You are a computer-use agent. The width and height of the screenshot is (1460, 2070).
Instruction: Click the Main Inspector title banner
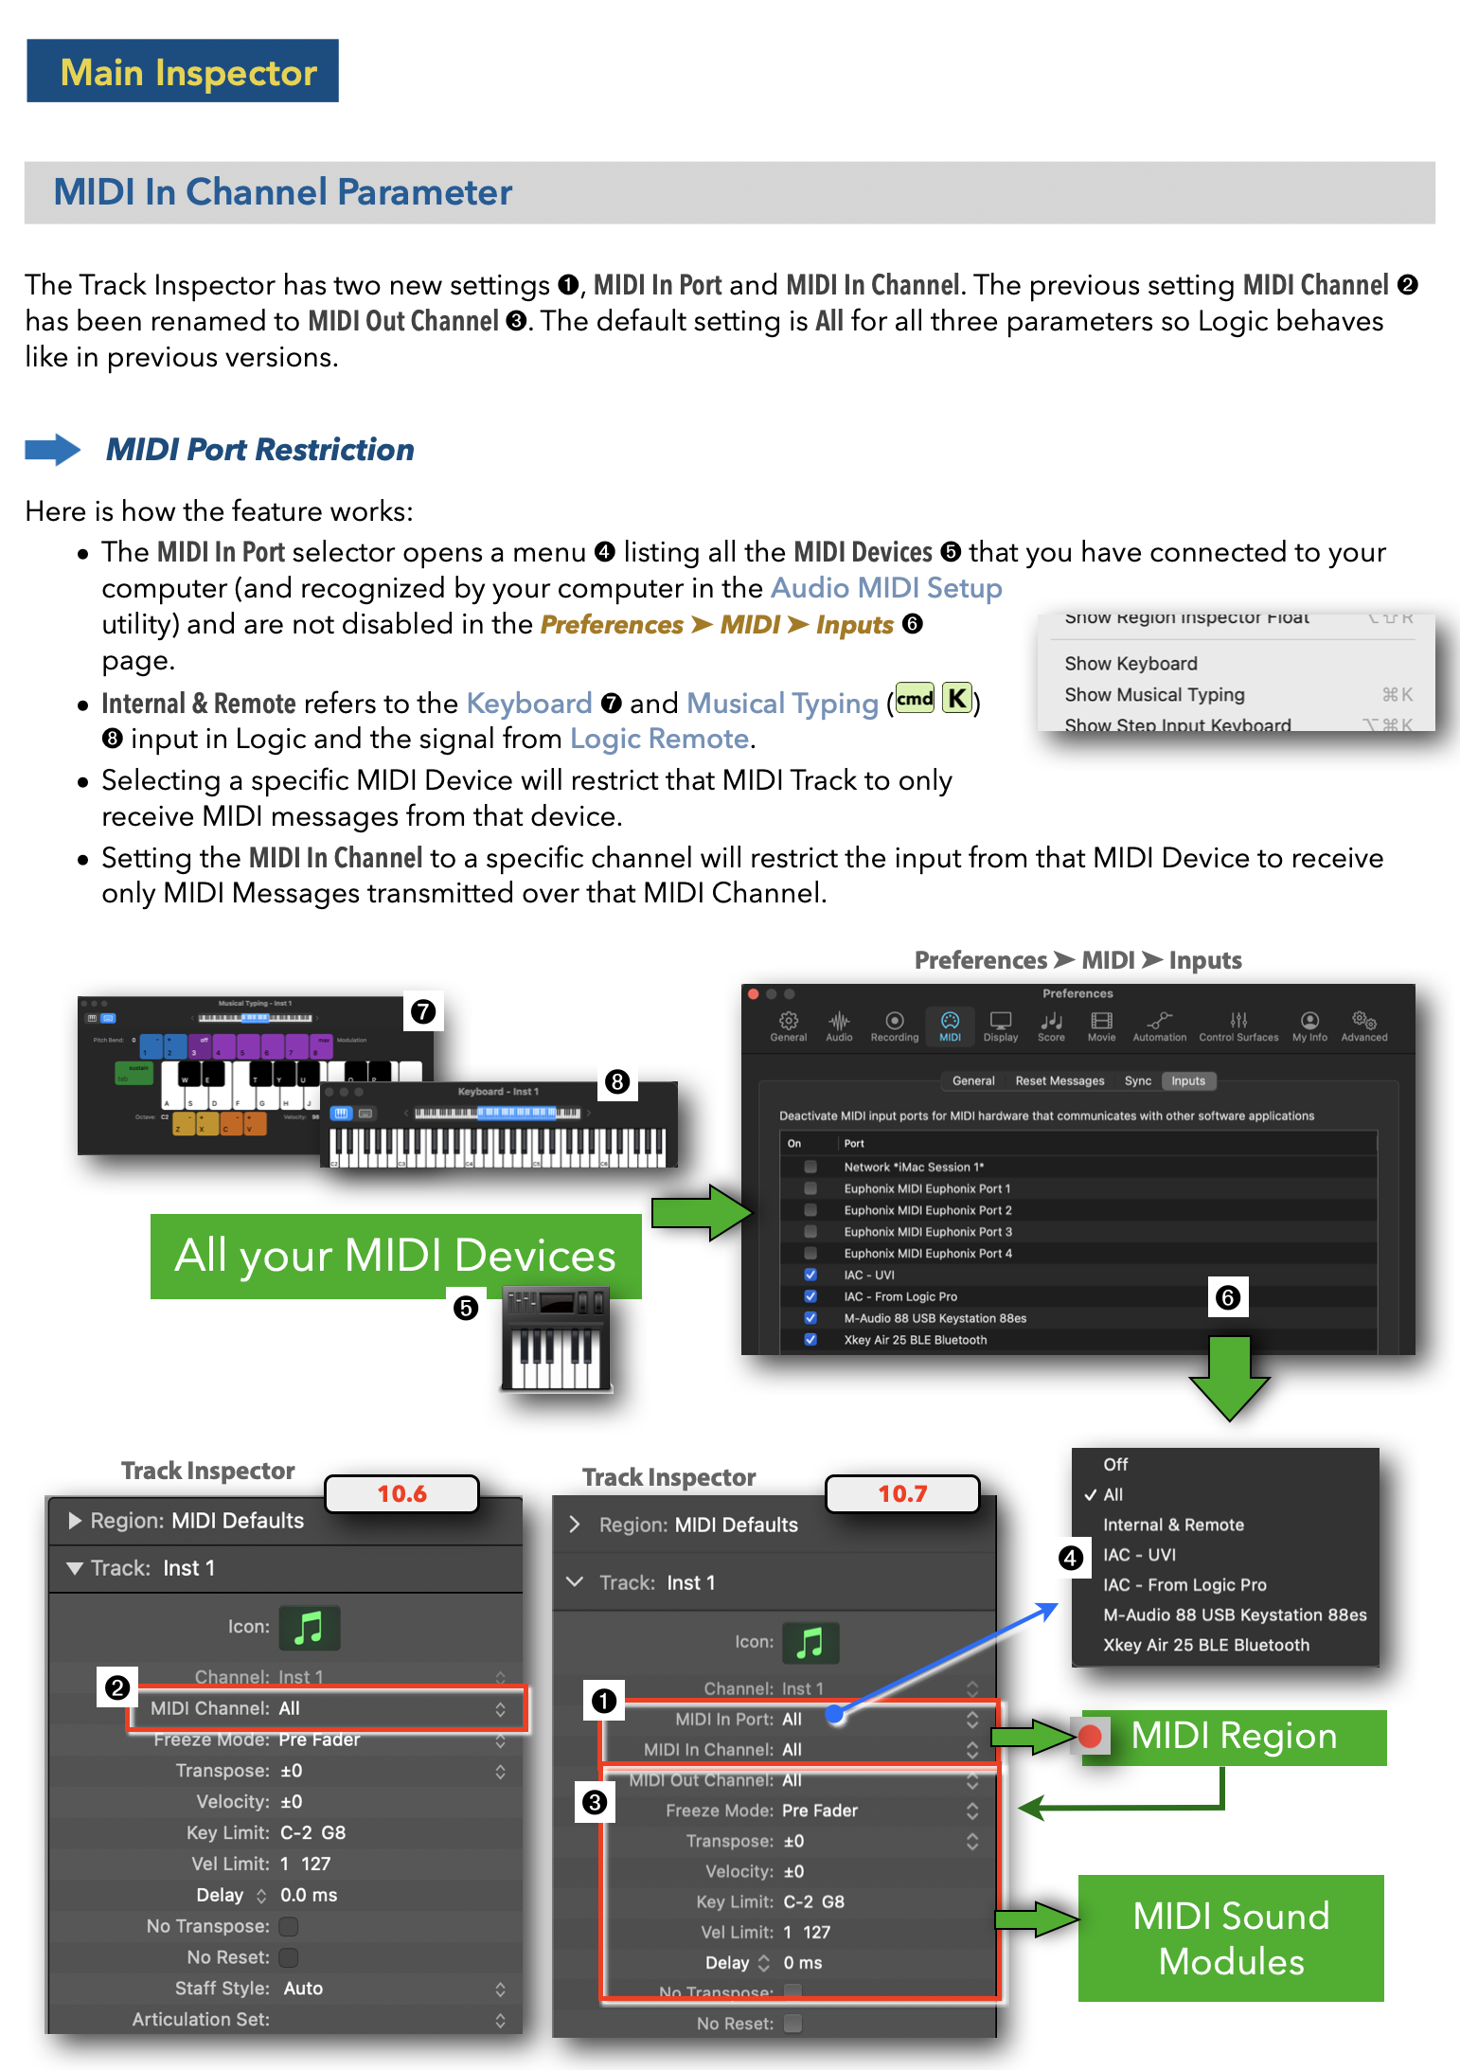tap(183, 71)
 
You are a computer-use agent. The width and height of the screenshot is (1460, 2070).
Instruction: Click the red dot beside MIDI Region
tap(1090, 1736)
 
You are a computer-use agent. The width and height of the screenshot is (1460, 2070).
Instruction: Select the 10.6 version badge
tap(401, 1493)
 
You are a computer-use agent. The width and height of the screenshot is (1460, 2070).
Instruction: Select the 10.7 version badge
tap(901, 1493)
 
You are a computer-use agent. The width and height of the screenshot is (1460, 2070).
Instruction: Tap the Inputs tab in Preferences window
tap(1187, 1080)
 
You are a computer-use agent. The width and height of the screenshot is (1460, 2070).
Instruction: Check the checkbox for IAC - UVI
tap(810, 1275)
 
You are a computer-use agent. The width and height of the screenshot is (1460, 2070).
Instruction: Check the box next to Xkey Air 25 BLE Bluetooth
tap(810, 1339)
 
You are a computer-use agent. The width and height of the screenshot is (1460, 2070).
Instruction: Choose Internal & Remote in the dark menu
tap(1173, 1525)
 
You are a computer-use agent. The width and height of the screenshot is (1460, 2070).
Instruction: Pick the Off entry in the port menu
tap(1115, 1464)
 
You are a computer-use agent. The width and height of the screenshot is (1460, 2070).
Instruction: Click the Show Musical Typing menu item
tap(1154, 694)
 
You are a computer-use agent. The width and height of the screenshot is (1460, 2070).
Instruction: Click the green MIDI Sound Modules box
tap(1231, 1937)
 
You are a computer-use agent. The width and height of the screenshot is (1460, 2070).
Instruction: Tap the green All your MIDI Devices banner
tap(395, 1256)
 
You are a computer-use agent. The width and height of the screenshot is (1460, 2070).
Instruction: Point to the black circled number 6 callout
tap(1227, 1297)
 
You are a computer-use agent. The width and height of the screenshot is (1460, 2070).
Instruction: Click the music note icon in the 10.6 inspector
tap(309, 1627)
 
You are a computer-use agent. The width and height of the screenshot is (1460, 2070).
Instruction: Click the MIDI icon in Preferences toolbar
tap(950, 1025)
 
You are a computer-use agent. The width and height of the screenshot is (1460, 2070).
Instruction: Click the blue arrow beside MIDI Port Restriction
tap(53, 449)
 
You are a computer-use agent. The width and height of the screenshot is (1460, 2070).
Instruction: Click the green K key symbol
tap(957, 700)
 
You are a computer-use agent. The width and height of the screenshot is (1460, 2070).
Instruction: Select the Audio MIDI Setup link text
tap(886, 588)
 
